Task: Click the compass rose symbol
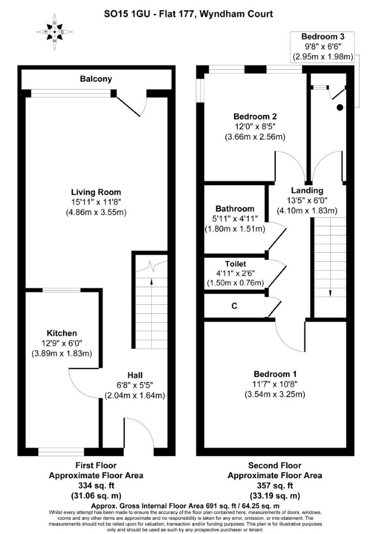55,32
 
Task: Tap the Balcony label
96,79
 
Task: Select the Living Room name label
96,192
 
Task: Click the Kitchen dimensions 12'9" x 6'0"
62,343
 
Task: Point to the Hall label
134,375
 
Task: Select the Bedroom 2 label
255,117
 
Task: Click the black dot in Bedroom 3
339,108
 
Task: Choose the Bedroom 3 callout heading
323,37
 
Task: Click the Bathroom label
235,208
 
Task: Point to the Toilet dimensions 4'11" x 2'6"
235,273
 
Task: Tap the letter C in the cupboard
235,306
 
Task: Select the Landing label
307,190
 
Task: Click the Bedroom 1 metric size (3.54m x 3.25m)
275,394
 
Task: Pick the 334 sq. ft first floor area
96,486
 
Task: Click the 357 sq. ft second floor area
275,486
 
